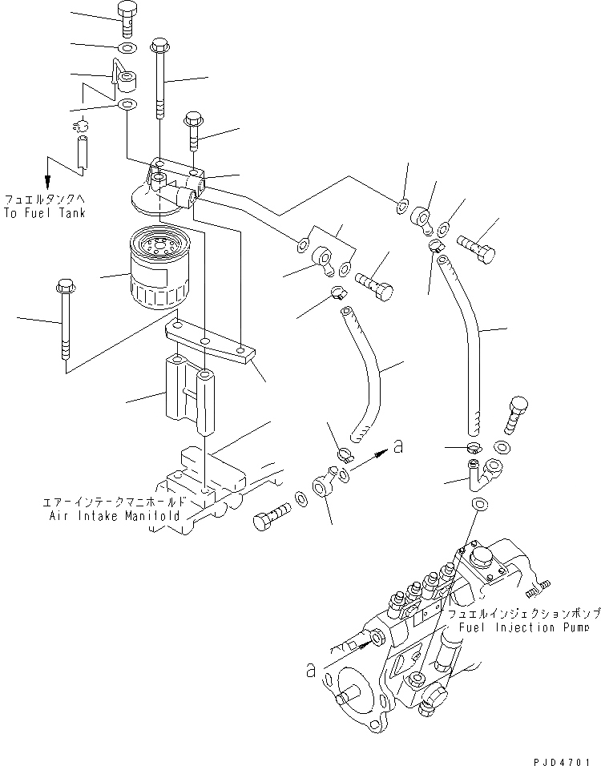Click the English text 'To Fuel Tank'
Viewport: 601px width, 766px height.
click(x=44, y=214)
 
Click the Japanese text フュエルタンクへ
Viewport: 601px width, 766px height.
click(x=44, y=199)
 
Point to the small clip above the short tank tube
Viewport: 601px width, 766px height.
click(x=80, y=124)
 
